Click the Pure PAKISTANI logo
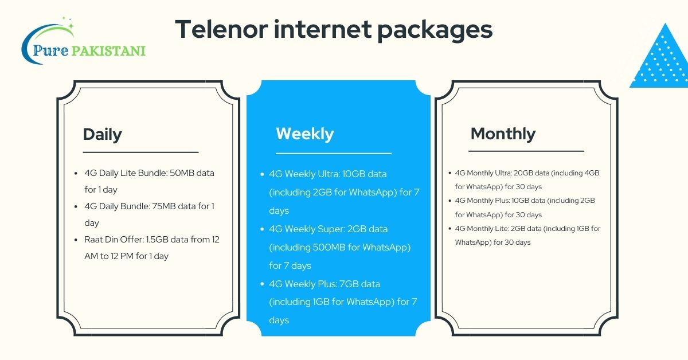pos(83,44)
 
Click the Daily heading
pos(102,134)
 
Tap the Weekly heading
pos(304,134)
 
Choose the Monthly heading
pos(503,134)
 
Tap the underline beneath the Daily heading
pos(140,152)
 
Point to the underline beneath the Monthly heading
pos(526,151)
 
